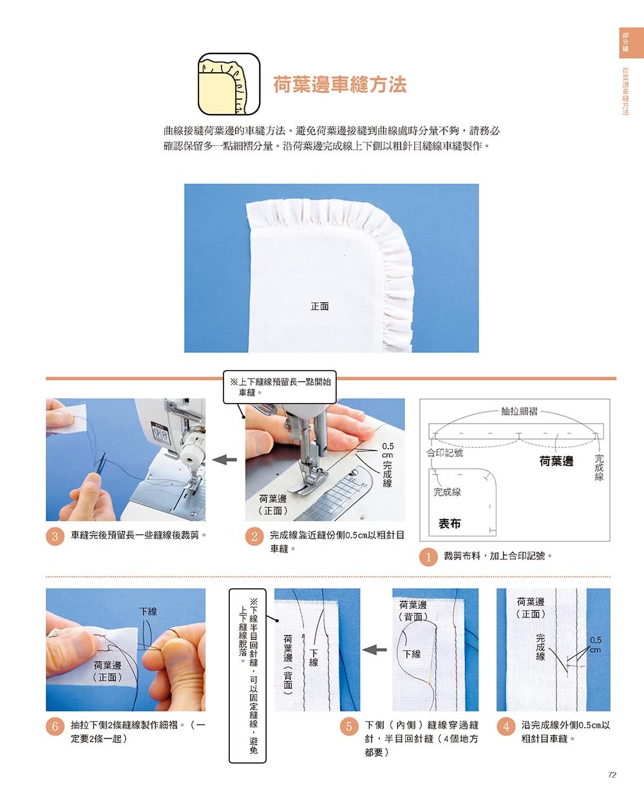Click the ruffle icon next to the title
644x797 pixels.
pos(229,84)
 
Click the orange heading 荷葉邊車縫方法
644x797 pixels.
pos(340,84)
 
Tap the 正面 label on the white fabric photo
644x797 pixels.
pos(319,306)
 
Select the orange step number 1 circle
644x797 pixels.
pos(428,557)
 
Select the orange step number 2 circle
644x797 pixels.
pos(254,536)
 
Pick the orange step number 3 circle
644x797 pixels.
pos(55,536)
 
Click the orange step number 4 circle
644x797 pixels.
pos(506,726)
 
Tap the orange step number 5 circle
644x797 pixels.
pos(349,726)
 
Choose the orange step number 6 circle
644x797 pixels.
pos(55,726)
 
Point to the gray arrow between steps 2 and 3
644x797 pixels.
pos(225,460)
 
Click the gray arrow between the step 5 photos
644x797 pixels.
pos(375,650)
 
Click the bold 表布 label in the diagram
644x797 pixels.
pos(450,523)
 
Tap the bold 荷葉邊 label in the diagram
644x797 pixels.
pos(556,461)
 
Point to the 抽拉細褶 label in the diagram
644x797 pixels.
pos(519,411)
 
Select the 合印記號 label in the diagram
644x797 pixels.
pos(445,453)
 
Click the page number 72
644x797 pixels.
pos(612,775)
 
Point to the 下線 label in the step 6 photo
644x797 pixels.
pos(148,612)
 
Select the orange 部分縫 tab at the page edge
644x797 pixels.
pos(631,43)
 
